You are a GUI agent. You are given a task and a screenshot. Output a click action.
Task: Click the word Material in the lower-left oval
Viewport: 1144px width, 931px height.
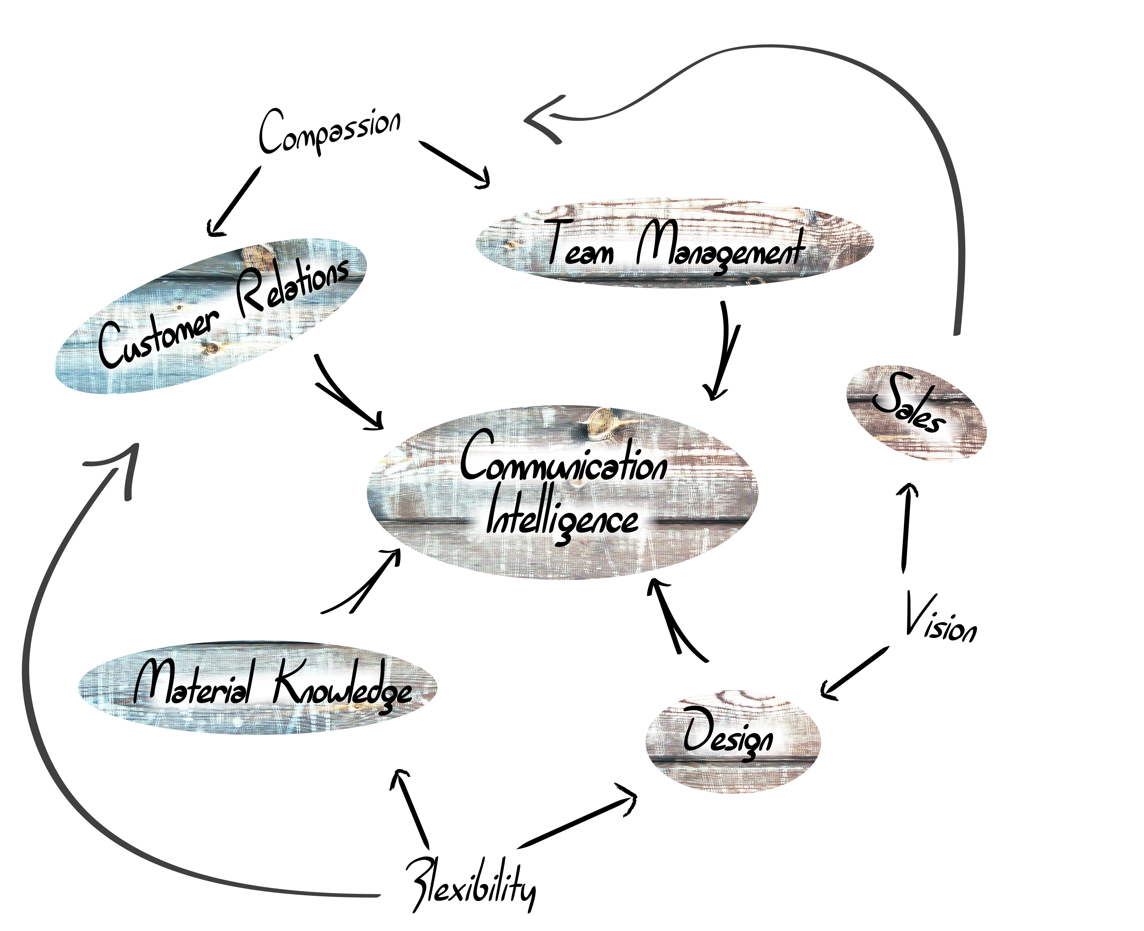tap(193, 683)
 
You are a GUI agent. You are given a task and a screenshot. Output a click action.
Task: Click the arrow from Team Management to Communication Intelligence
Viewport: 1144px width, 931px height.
tap(724, 351)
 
